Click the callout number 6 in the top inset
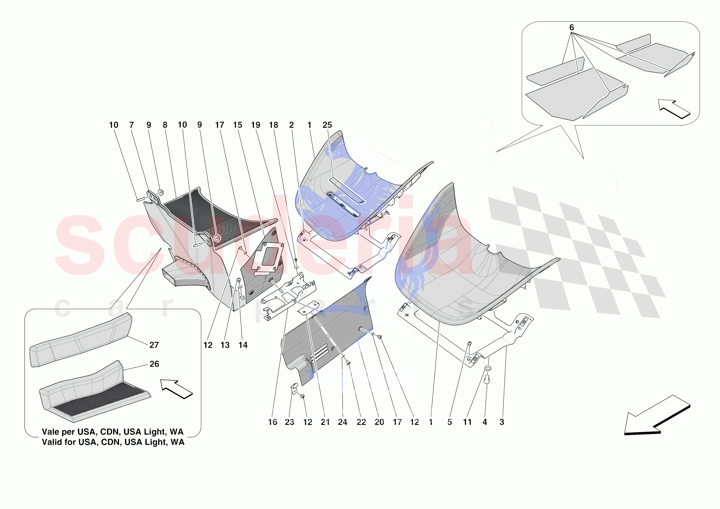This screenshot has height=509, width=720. pos(571,28)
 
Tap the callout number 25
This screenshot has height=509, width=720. pos(327,125)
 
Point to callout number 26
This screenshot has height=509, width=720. pos(154,364)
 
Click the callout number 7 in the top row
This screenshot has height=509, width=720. pos(131,125)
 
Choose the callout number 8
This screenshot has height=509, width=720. pos(165,125)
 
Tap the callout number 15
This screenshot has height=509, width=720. pos(237,125)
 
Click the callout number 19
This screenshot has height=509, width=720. pos(255,125)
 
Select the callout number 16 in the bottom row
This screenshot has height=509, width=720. pos(272,422)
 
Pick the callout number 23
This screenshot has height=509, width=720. pos(289,422)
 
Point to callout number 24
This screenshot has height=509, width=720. pos(342,422)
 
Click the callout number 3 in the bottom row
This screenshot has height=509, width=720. pos(502,422)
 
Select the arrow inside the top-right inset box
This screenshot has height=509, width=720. pos(674,109)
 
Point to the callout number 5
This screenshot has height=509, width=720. pos(450,422)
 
